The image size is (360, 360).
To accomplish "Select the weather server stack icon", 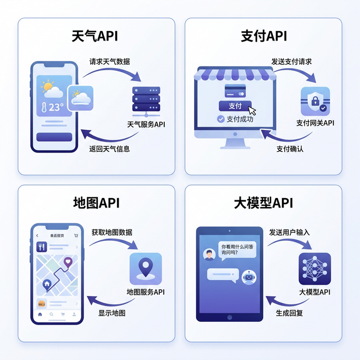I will (146, 100).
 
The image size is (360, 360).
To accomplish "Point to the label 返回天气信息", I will (110, 149).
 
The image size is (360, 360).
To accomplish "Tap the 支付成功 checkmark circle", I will (221, 119).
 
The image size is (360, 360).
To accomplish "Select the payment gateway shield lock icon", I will (315, 101).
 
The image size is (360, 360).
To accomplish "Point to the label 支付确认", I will (290, 149).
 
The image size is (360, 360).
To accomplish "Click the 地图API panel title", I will (96, 202).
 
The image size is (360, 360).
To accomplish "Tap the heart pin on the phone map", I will (68, 261).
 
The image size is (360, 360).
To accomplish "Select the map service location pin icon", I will (146, 268).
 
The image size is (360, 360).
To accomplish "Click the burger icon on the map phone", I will (41, 303).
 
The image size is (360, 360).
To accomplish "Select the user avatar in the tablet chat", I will (209, 255).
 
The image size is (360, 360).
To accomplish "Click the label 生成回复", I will (290, 313).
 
